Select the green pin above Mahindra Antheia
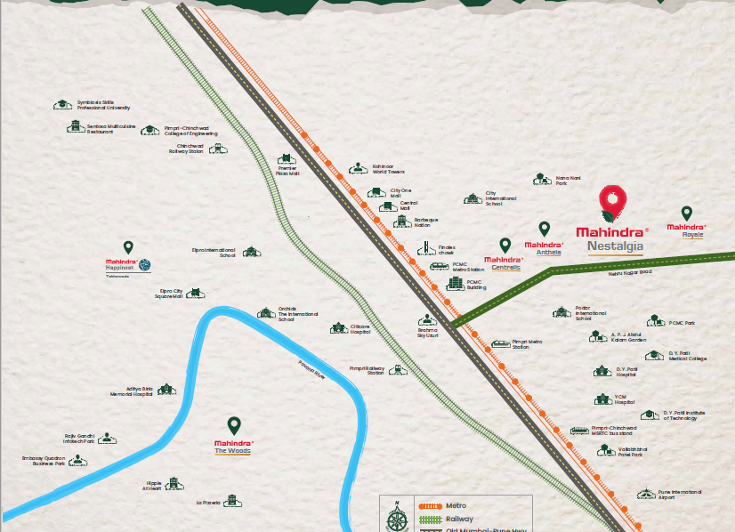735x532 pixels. [x=545, y=228]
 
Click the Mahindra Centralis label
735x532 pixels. [x=505, y=263]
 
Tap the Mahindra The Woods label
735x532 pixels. [x=233, y=447]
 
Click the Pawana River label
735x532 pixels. [x=312, y=367]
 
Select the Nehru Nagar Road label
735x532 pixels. [x=631, y=273]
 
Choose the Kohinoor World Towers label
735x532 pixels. [x=389, y=169]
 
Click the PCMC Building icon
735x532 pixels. [x=456, y=284]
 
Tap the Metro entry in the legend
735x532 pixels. [x=456, y=505]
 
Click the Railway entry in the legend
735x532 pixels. [x=459, y=519]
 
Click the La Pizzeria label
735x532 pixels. [x=207, y=503]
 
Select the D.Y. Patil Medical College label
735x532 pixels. [x=688, y=356]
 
